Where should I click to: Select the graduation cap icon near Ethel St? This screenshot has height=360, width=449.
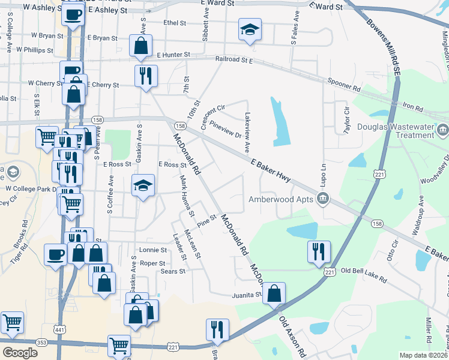coord(250,29)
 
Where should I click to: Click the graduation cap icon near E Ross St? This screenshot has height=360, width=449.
coord(143,185)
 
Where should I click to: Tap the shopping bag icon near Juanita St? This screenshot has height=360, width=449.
coord(274,294)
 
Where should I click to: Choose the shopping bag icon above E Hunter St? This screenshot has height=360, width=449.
coord(140,46)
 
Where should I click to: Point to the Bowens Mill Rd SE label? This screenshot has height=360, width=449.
coord(382,42)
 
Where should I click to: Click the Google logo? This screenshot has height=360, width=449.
coord(20,352)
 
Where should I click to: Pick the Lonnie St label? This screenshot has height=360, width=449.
coord(152,250)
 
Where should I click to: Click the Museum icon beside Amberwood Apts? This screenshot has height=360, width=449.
coord(324,199)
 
